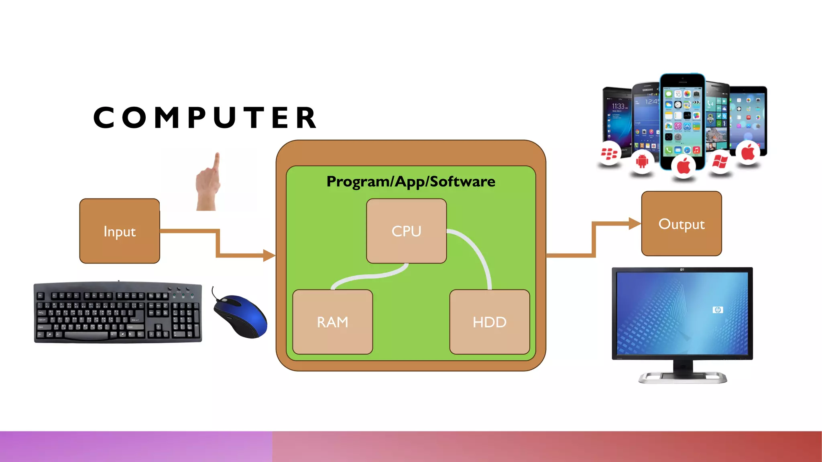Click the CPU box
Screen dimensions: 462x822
coord(406,231)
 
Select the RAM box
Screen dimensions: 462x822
coord(332,322)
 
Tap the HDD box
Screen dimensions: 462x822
coord(489,322)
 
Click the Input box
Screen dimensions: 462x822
coord(120,231)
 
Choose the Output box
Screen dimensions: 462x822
coord(681,224)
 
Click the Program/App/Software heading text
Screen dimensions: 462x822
coord(411,182)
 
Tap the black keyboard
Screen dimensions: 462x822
coord(118,313)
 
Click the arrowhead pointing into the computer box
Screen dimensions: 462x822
coord(269,255)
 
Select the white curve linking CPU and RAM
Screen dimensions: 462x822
coord(369,276)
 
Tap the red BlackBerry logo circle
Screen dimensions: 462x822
coord(609,154)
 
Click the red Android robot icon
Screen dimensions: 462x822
coord(642,162)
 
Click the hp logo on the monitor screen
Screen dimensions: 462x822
coord(718,310)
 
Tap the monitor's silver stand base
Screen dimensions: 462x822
coord(682,378)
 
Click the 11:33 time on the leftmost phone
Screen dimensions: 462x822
coord(618,106)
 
